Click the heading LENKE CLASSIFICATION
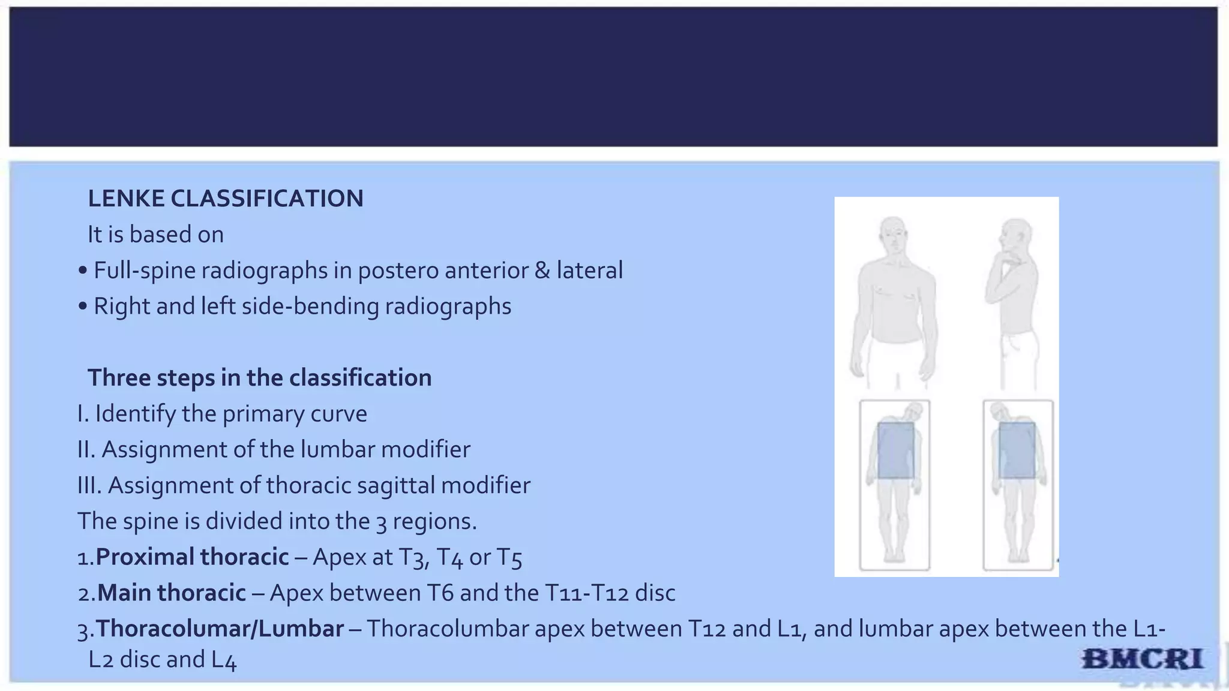click(x=225, y=199)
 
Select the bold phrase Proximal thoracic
click(x=192, y=557)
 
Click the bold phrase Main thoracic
click(x=172, y=593)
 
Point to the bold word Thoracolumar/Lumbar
click(x=220, y=629)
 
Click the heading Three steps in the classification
click(x=259, y=378)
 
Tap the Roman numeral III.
click(x=89, y=486)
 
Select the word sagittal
click(x=395, y=486)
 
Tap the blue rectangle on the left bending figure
click(x=896, y=450)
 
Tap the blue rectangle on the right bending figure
click(x=1017, y=450)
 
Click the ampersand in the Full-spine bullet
click(x=542, y=271)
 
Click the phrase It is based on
click(x=155, y=235)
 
